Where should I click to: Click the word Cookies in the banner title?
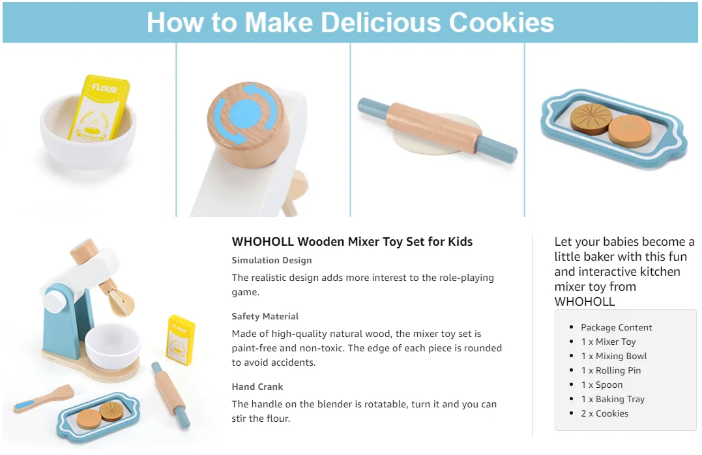[x=501, y=22]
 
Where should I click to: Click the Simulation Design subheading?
[x=271, y=260]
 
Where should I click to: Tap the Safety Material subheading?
[x=265, y=316]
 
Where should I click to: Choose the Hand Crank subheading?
[x=257, y=387]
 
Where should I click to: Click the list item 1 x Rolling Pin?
[x=611, y=370]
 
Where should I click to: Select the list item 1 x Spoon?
[x=602, y=385]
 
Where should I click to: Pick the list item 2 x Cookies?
[x=605, y=413]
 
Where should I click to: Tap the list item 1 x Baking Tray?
[x=613, y=399]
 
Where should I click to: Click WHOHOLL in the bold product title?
[x=263, y=242]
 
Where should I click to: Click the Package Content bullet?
[x=617, y=327]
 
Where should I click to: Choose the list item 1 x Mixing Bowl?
[x=614, y=356]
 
